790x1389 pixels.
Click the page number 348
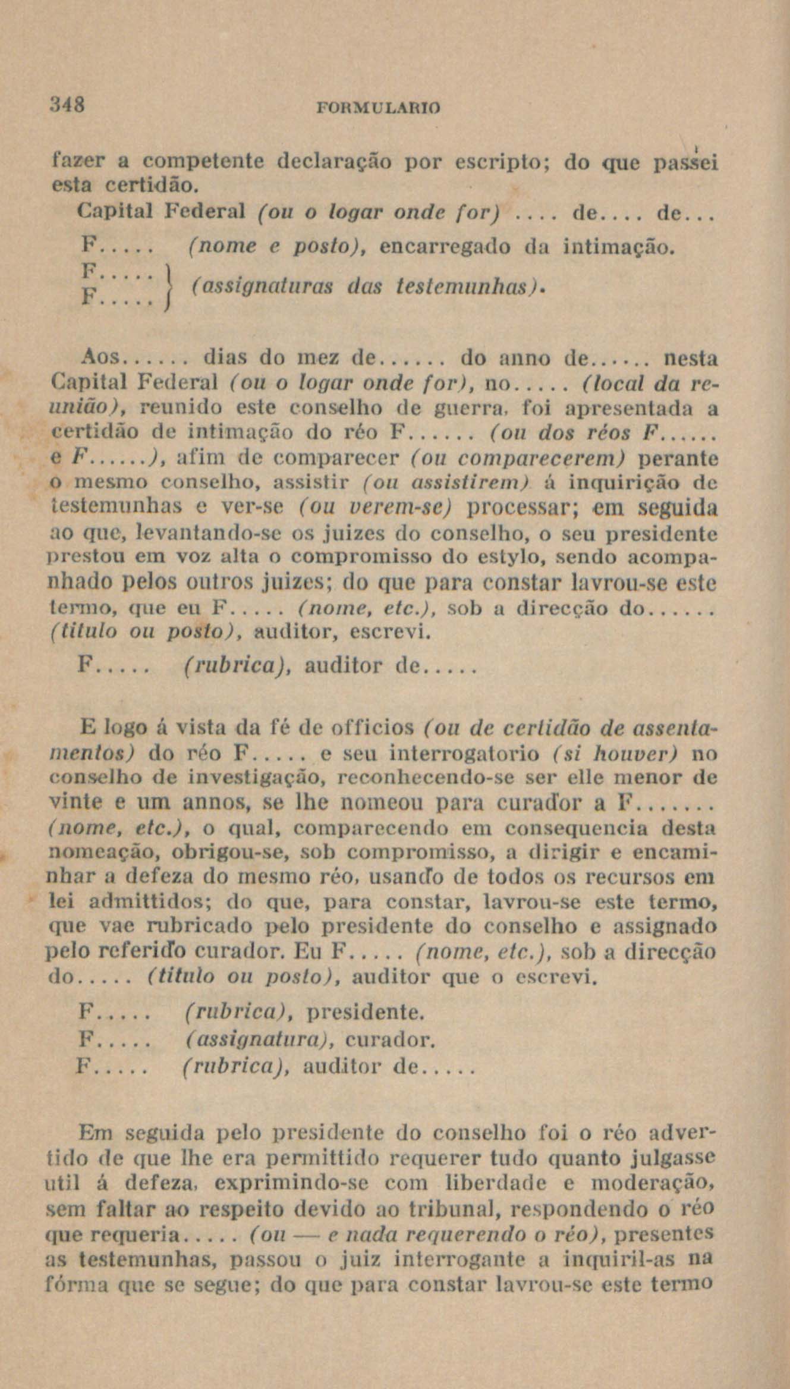[x=67, y=106]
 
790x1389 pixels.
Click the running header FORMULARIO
[x=379, y=108]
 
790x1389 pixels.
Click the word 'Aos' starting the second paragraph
[x=100, y=359]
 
